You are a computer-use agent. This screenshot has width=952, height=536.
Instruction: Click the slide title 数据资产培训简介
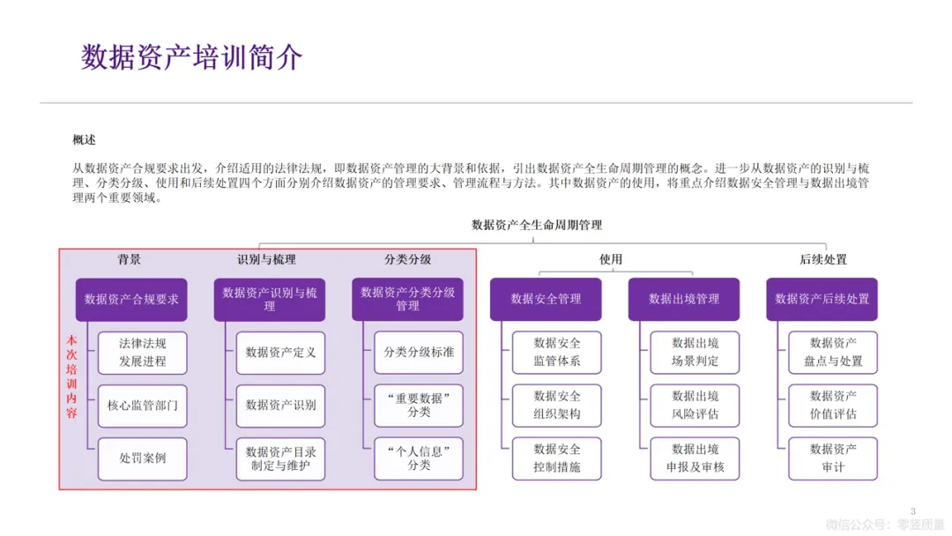click(192, 58)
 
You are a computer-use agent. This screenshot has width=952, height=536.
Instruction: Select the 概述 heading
click(84, 140)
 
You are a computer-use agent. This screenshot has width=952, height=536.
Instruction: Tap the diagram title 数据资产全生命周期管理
click(537, 226)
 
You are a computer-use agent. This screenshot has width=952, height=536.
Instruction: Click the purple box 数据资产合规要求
click(131, 299)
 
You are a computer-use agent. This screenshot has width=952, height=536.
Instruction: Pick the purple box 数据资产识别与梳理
click(270, 299)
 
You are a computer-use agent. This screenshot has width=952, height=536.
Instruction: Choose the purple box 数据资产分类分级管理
click(407, 299)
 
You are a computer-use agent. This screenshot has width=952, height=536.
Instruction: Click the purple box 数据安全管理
click(546, 299)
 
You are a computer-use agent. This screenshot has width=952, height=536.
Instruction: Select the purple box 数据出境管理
click(684, 299)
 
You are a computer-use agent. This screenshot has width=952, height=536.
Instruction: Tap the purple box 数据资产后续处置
click(822, 299)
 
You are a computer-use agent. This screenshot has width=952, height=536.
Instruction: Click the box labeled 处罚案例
click(143, 458)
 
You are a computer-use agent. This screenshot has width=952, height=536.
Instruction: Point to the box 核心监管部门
click(143, 406)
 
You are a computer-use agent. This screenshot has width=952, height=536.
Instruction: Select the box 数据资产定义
click(280, 353)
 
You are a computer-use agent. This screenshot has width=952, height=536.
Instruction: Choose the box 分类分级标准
click(419, 353)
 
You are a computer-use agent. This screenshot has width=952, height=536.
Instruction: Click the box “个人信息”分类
click(419, 458)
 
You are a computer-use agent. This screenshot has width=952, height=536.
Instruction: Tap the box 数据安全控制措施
click(557, 458)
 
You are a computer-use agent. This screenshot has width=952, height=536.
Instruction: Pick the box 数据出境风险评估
click(695, 406)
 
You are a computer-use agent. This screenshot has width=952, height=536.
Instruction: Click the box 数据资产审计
click(833, 458)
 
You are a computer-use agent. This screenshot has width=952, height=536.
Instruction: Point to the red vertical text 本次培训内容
click(72, 379)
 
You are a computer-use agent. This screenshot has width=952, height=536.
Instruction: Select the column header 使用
click(611, 259)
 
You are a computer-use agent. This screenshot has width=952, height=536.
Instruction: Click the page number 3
click(912, 511)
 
